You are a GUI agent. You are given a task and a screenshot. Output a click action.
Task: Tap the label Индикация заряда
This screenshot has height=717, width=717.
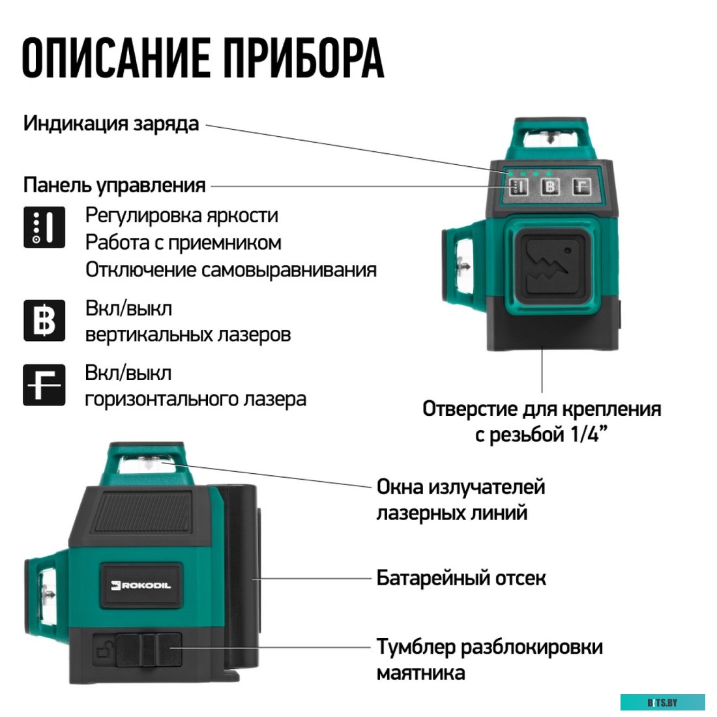point(111,123)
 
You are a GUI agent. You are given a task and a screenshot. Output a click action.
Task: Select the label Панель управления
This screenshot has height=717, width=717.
point(114,185)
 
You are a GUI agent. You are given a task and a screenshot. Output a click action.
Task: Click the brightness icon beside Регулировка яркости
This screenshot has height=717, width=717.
point(44,227)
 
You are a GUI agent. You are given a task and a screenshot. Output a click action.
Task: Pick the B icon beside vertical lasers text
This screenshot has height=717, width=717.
point(44,321)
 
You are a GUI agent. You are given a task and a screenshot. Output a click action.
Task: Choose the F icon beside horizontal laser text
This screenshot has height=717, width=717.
point(44,385)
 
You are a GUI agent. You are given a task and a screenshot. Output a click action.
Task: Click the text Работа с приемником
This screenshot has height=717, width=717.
point(183,242)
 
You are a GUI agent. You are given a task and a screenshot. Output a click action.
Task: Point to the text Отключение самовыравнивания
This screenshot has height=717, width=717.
point(231,270)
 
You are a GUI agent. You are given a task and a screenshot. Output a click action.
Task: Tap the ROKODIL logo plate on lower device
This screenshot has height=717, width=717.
point(140,585)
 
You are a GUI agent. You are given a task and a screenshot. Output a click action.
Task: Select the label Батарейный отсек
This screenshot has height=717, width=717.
point(461,578)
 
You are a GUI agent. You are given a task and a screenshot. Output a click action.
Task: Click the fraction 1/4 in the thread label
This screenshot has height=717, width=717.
point(583,434)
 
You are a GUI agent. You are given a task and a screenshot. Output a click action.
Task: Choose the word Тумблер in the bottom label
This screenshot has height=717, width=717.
point(415,647)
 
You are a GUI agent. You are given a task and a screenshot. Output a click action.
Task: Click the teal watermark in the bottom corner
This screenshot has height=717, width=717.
point(662,702)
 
